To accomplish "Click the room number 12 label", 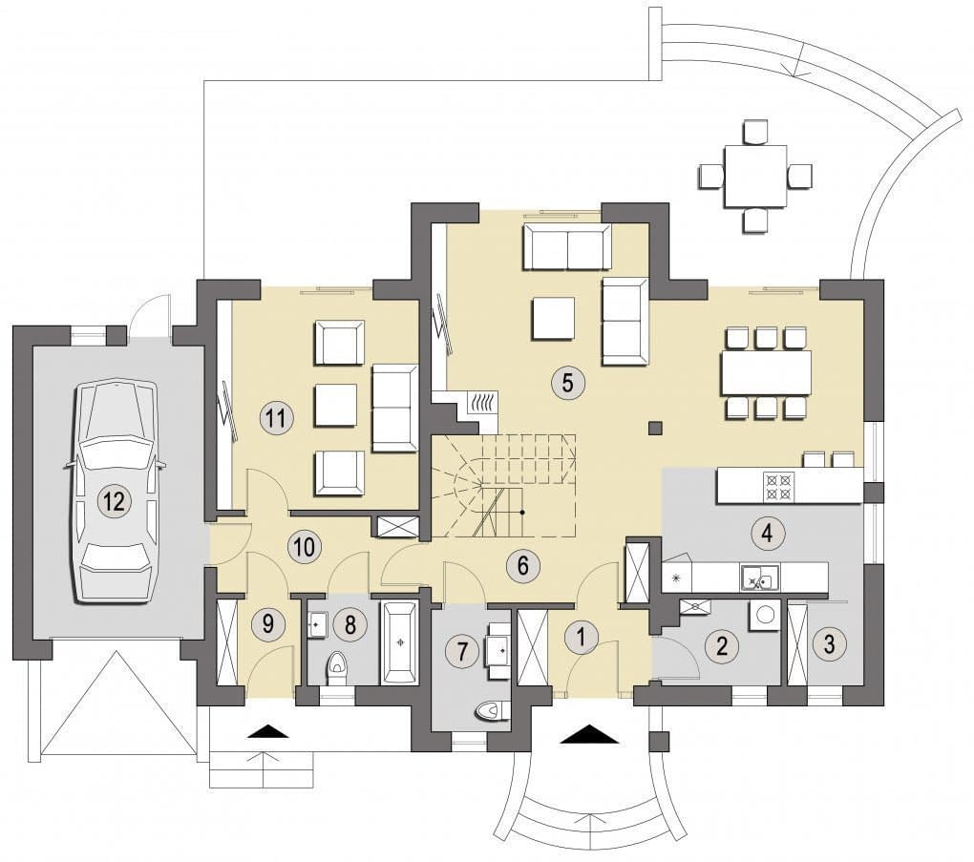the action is point(115,500).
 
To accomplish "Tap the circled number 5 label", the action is point(567,383).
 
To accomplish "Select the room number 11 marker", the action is point(275,417).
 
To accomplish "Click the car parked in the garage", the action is point(115,492).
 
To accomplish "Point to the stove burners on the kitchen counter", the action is point(778,486).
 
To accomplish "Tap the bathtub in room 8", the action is point(399,642).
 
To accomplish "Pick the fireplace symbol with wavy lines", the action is point(482,403).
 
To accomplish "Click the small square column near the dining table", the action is point(655,428).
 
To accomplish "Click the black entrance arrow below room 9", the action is point(268,730).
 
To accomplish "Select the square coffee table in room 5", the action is point(553,318).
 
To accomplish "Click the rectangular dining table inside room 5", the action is point(766,372).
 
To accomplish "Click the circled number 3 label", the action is point(829,643).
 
